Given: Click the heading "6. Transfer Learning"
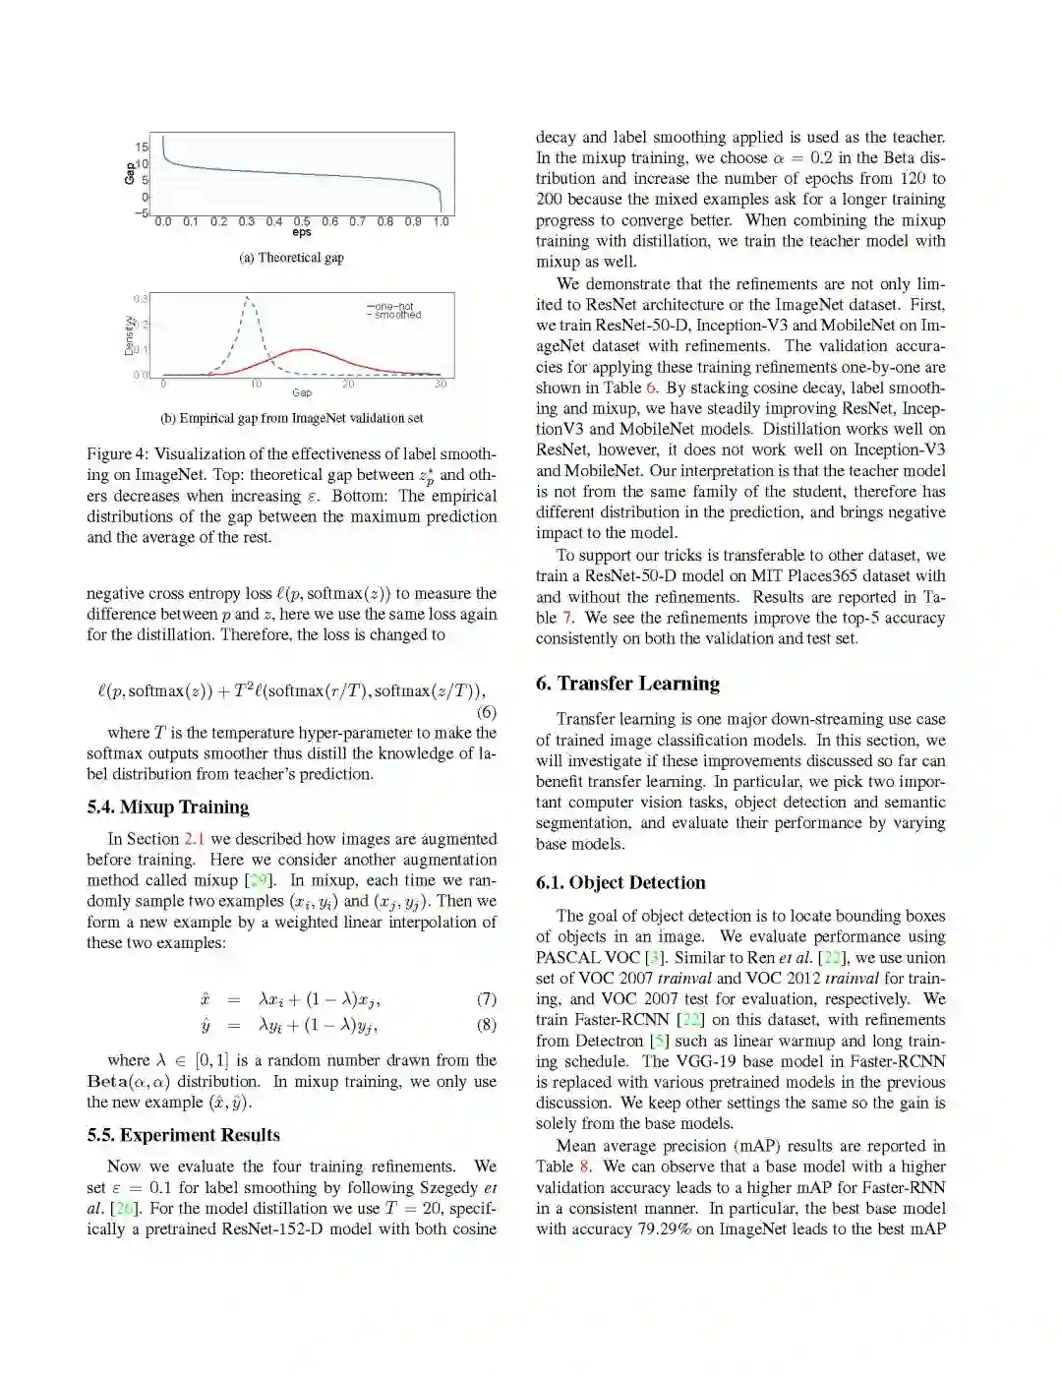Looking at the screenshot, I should point(627,684).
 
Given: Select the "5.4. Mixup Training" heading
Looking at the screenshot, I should point(167,807).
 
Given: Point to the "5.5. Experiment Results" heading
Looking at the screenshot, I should point(183,1135).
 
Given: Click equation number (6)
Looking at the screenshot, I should point(486,712).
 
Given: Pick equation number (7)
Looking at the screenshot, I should point(486,999).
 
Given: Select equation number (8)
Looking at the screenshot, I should point(486,1025).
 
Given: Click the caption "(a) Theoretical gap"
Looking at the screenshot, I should point(291,258).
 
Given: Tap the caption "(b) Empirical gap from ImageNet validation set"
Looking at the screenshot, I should point(291,418).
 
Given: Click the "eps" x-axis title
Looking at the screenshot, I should point(301,233).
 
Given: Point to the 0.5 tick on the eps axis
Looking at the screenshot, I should point(302,222).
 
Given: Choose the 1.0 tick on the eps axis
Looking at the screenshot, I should point(442,222).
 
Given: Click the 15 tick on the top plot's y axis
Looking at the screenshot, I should point(142,148).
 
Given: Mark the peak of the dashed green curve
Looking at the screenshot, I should point(247,297).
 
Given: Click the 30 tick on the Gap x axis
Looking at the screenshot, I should point(441,385).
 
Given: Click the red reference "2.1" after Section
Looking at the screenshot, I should point(194,839).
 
